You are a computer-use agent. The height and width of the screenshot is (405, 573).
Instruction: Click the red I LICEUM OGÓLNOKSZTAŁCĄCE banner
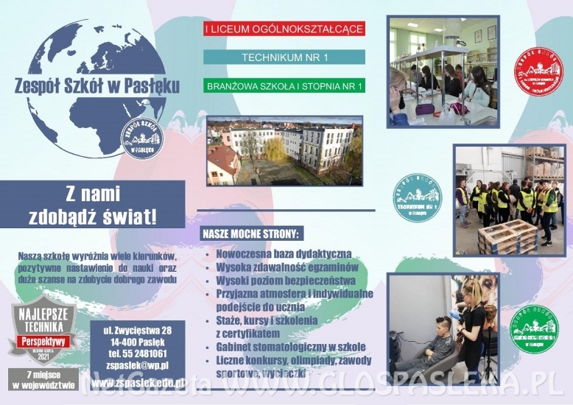click(x=284, y=29)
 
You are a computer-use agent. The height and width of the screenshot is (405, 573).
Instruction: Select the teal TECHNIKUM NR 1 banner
click(x=284, y=57)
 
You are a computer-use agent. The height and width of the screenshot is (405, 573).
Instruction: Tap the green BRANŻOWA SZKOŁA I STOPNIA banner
click(x=284, y=85)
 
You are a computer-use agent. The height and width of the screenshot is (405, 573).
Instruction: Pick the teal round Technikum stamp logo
click(x=418, y=198)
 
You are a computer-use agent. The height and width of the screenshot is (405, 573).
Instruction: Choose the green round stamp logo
click(x=535, y=329)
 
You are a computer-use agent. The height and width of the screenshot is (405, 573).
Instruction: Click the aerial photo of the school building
click(x=284, y=150)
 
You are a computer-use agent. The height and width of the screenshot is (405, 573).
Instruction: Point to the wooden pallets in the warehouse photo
click(x=508, y=236)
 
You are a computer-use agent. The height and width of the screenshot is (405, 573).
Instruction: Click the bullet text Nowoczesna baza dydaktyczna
click(x=284, y=253)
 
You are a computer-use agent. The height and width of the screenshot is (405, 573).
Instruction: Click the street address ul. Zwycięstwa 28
click(x=137, y=329)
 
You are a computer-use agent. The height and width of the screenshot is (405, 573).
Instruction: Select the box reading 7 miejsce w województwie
click(x=43, y=378)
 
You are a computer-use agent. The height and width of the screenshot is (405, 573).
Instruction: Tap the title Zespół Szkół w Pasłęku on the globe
click(x=96, y=85)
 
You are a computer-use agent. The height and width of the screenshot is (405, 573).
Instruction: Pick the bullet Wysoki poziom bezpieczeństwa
click(x=286, y=281)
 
